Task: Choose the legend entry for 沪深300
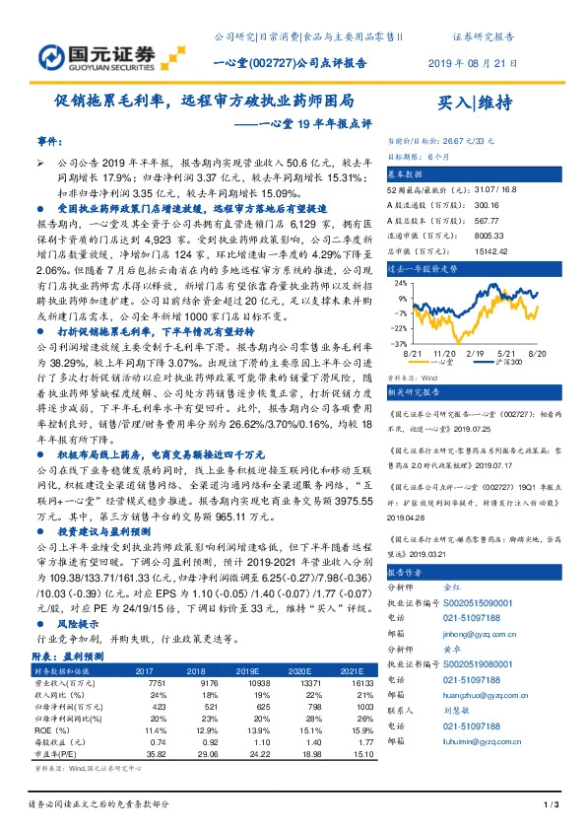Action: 511,364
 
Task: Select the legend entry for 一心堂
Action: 458,364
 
